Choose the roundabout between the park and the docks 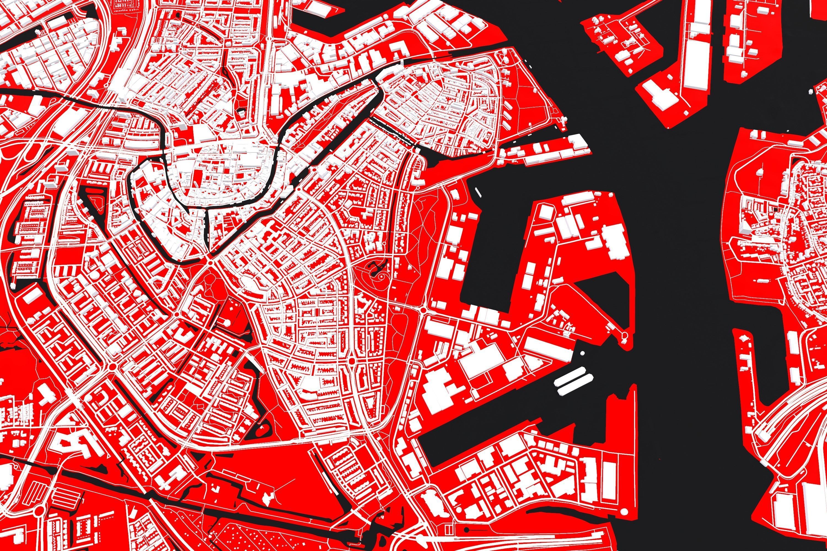[x=423, y=311]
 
